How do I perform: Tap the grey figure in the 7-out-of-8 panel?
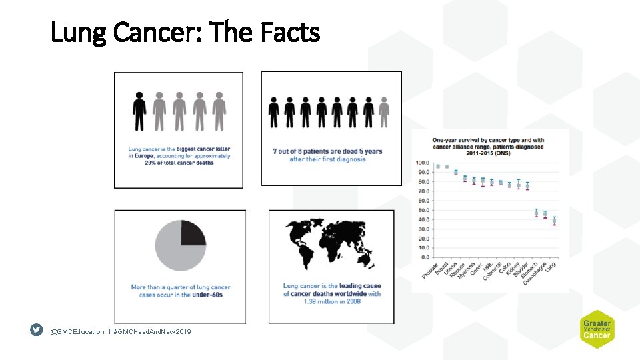383,112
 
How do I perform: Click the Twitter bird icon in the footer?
37,330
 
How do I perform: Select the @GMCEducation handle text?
77,331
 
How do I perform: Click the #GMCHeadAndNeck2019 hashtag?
152,331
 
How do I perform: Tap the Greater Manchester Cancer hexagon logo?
597,329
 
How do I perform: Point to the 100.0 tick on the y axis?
422,163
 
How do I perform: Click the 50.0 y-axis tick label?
422,210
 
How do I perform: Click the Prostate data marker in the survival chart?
438,166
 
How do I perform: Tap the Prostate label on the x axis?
431,269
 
